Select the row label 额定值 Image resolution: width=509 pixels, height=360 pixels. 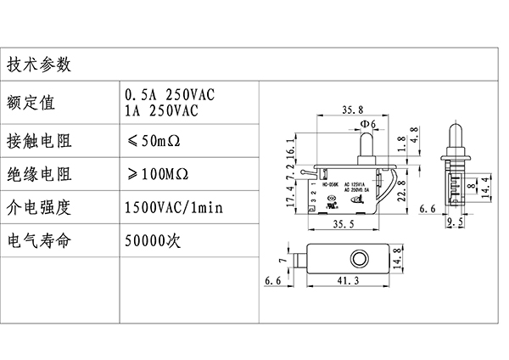tap(31, 103)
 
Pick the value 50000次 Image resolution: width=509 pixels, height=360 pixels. tap(154, 241)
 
